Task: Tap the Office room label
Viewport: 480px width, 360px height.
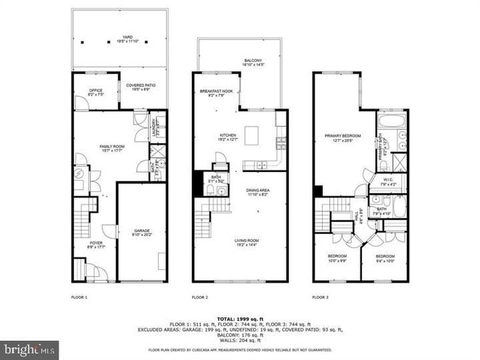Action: click(x=95, y=92)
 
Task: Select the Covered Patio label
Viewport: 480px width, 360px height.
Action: click(x=142, y=87)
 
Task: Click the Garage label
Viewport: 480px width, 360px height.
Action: click(x=142, y=232)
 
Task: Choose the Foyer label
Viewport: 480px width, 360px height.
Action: click(x=97, y=244)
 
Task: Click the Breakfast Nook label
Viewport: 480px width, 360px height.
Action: click(x=211, y=92)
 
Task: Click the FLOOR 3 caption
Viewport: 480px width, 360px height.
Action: click(x=320, y=297)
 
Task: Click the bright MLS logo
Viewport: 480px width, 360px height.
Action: click(x=29, y=350)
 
